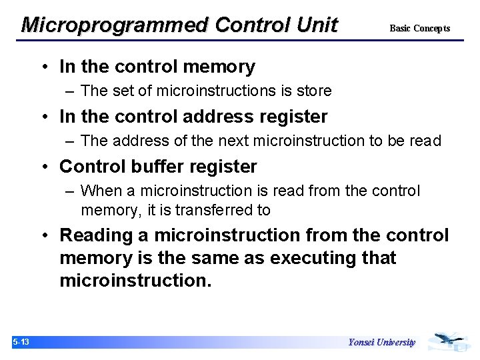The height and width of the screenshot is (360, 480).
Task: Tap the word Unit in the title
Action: coord(317,25)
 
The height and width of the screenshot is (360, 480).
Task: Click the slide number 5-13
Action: coord(21,343)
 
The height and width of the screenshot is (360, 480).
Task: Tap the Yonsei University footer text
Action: coord(381,343)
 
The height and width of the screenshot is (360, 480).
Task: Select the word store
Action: coord(314,90)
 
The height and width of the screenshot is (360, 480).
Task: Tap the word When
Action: coord(101,191)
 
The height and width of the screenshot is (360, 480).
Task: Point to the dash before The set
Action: coord(70,91)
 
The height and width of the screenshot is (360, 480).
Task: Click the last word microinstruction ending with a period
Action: coord(135,280)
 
